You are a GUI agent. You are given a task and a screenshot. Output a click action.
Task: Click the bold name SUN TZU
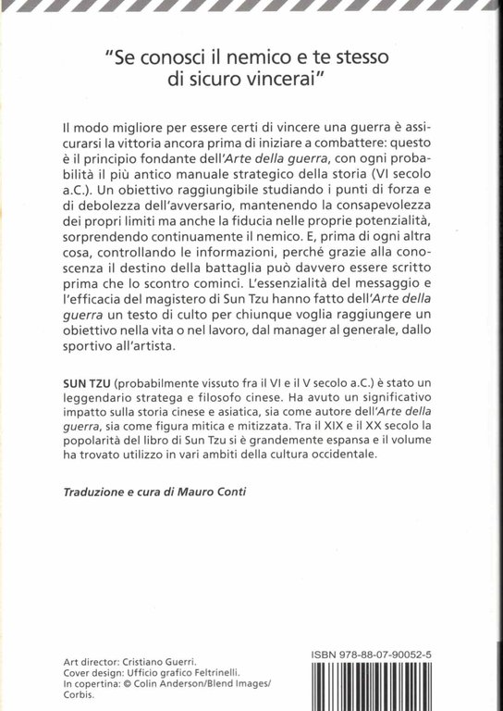(88, 409)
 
